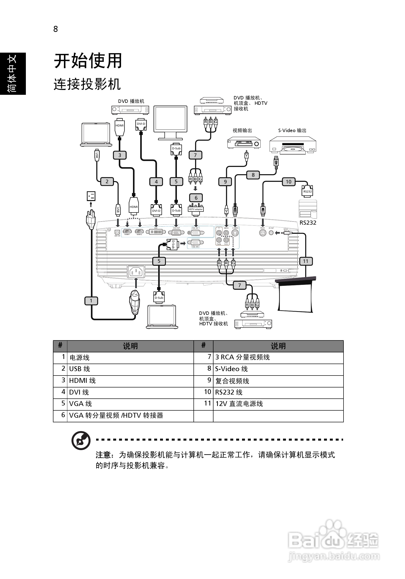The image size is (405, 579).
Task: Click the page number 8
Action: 56,29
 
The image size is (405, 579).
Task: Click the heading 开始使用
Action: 88,61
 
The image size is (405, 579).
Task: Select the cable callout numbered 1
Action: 91,301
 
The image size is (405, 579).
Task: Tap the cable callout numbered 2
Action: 107,181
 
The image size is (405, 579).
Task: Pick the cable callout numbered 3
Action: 120,155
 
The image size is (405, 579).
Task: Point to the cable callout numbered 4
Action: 156,182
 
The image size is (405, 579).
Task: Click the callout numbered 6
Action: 196,198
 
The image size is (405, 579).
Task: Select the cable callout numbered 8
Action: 253,175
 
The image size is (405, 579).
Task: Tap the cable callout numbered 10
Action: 288,182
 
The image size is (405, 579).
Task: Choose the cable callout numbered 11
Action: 306,261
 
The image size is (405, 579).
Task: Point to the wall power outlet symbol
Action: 91,196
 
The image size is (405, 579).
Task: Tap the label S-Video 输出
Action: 292,130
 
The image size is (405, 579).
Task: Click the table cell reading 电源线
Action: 80,357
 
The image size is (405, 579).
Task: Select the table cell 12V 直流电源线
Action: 239,404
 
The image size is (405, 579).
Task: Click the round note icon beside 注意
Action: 81,441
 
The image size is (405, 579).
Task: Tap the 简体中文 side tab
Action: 13,73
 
